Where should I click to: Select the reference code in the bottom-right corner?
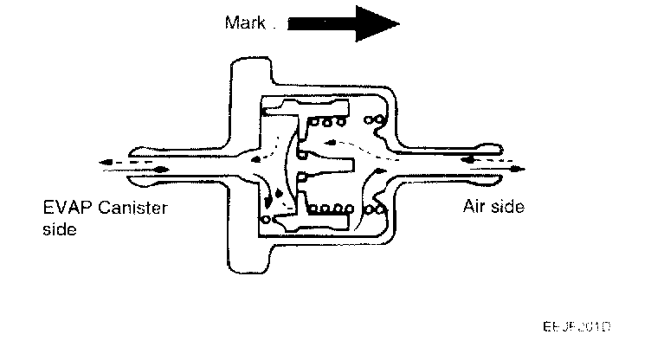[x=577, y=327]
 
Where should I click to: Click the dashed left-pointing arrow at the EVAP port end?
[x=118, y=161]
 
